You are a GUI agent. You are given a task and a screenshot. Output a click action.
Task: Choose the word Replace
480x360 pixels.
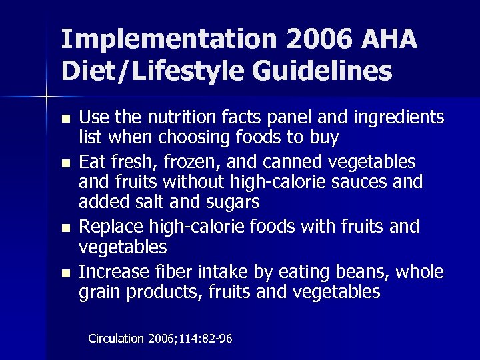113,227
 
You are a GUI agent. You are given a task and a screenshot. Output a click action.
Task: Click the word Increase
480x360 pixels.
114,272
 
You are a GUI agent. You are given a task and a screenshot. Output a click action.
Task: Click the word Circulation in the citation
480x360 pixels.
116,339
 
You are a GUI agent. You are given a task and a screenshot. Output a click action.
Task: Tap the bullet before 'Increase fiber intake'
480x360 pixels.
64,273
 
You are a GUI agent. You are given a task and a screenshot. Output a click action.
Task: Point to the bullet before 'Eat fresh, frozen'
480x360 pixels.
64,163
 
